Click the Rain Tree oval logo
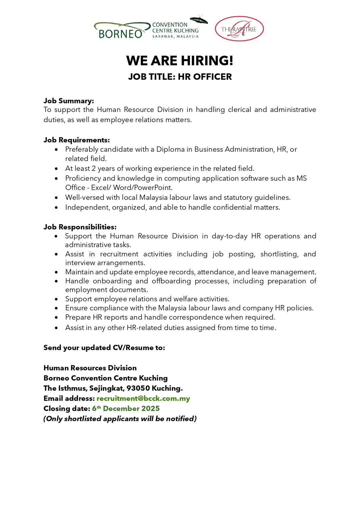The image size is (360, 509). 239,29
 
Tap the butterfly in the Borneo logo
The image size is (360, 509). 199,20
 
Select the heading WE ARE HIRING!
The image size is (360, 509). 180,61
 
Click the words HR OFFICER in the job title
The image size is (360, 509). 205,77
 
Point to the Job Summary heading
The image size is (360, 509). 69,101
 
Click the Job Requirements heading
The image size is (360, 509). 77,140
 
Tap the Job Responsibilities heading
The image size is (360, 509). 80,227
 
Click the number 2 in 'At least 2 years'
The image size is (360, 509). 94,169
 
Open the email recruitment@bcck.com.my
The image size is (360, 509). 143,398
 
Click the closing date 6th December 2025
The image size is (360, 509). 126,408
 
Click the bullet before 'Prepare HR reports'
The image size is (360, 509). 56,318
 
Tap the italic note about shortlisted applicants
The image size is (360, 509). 120,419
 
